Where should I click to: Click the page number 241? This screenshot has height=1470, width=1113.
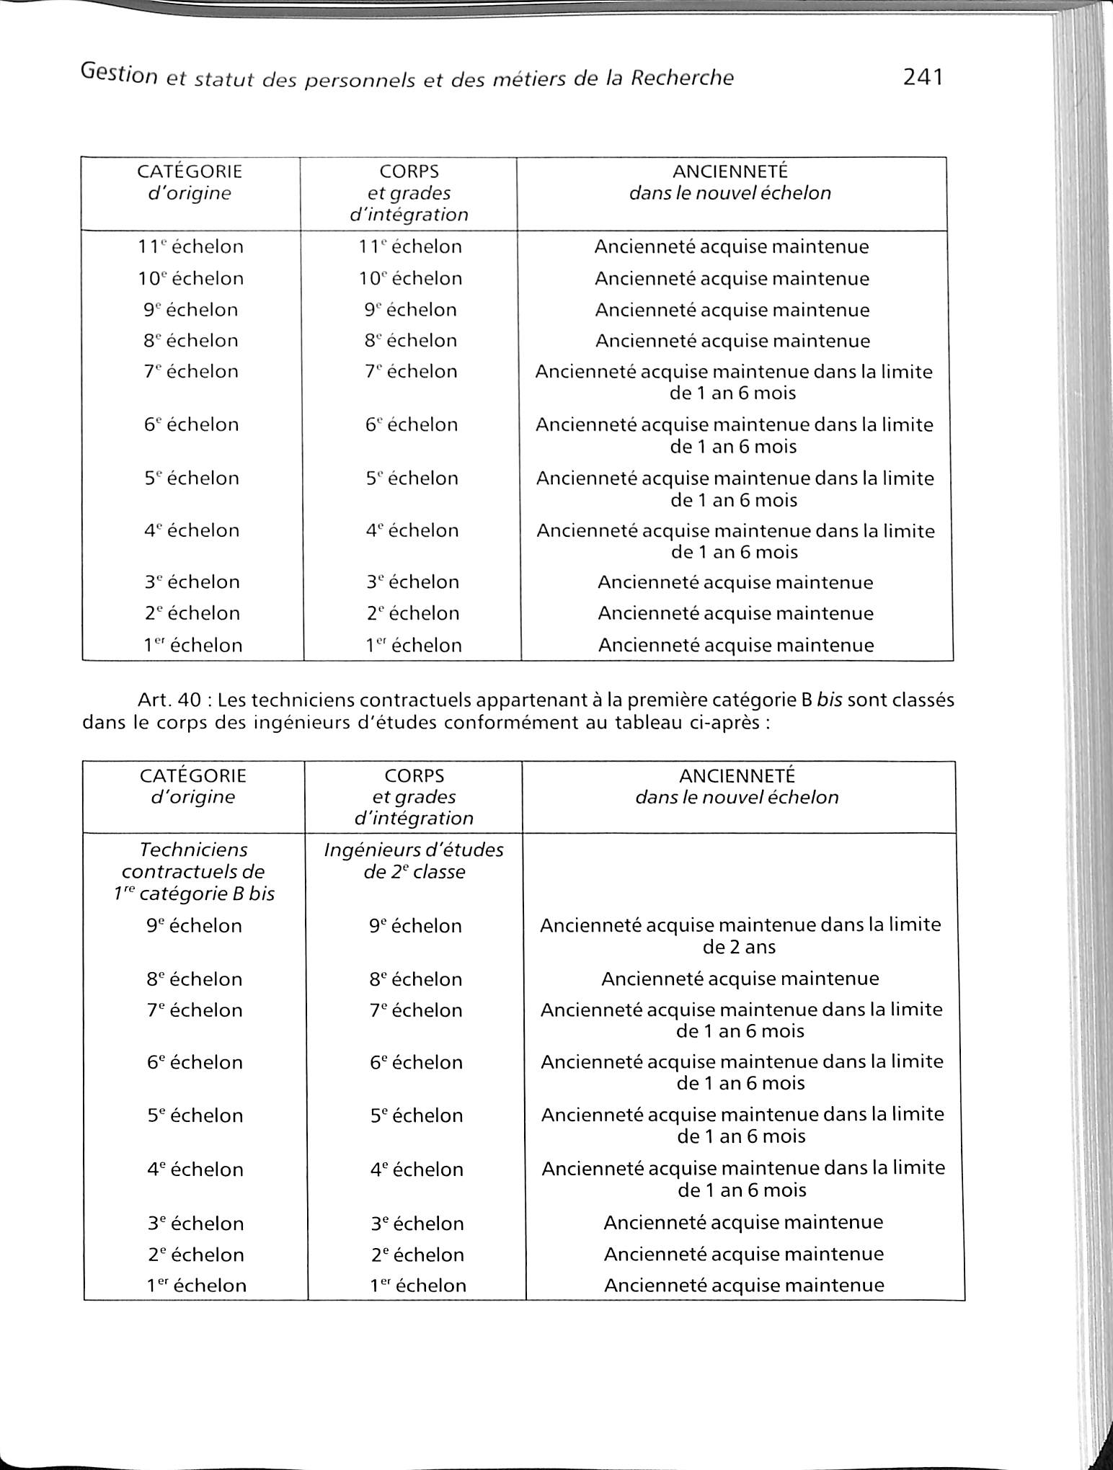(x=923, y=76)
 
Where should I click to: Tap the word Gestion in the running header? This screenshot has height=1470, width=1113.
(x=119, y=73)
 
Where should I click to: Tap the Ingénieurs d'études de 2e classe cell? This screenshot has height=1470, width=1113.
(x=414, y=860)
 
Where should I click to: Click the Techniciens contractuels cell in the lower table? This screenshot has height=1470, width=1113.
(x=193, y=871)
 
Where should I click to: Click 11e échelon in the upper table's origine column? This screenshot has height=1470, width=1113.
(x=191, y=246)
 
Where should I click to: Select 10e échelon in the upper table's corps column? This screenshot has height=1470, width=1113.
(x=411, y=278)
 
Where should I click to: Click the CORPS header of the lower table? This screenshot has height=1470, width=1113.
(x=414, y=776)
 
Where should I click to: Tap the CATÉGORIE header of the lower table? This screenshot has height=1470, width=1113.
(x=193, y=776)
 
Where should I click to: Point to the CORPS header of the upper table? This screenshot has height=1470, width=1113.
(x=409, y=171)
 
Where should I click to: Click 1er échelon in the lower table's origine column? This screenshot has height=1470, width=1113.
(x=196, y=1286)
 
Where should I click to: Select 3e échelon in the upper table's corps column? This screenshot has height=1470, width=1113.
(x=412, y=582)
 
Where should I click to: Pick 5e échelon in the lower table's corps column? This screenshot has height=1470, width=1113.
(x=416, y=1115)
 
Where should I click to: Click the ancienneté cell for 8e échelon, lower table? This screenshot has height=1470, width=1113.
(x=740, y=979)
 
